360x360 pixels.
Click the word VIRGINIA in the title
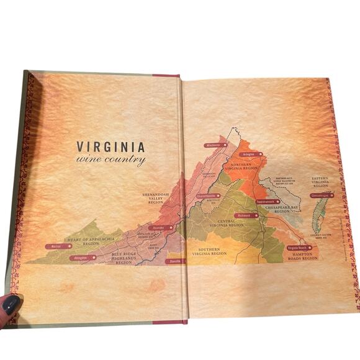pos(110,147)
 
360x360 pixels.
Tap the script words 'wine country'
pos(110,160)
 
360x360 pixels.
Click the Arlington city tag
pos(250,154)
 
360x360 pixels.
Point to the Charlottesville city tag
pos(209,196)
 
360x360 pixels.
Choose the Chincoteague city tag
pos(322,195)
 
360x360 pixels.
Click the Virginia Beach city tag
pos(299,248)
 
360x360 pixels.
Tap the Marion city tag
pos(58,246)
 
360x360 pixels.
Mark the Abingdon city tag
pos(82,257)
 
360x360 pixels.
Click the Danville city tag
pos(176,261)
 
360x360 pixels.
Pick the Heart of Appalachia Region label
pos(83,241)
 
